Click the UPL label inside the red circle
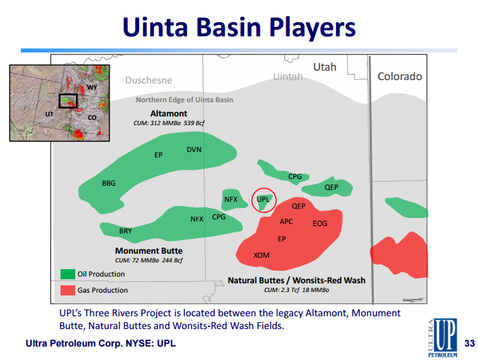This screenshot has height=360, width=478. click(263, 199)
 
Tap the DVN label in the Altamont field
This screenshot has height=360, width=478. click(194, 149)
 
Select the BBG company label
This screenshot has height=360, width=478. click(108, 183)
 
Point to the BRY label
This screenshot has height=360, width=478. click(125, 231)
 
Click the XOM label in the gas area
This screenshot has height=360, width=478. click(262, 255)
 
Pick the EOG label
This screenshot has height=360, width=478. click(320, 223)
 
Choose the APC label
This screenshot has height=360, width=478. click(286, 221)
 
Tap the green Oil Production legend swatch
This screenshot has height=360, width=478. click(68, 274)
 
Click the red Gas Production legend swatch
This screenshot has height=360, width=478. click(68, 290)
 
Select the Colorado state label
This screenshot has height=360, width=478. click(399, 76)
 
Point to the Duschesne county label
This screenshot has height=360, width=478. click(149, 80)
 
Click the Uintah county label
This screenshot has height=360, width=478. click(288, 76)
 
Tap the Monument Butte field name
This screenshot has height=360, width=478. click(149, 251)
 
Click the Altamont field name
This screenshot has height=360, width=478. click(169, 114)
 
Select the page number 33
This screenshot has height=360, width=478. click(469, 343)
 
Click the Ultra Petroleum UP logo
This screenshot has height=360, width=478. click(442, 337)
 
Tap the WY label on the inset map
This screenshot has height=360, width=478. click(91, 87)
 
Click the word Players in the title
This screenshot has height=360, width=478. click(313, 28)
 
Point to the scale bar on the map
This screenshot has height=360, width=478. click(413, 299)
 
